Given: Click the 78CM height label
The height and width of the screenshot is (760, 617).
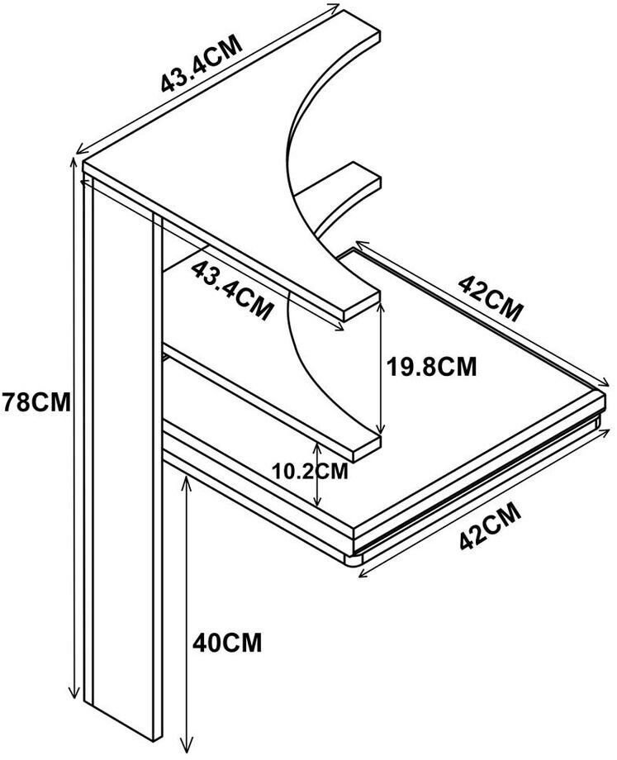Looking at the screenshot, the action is click(36, 402).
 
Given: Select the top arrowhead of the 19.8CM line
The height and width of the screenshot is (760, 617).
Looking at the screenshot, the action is click(380, 304).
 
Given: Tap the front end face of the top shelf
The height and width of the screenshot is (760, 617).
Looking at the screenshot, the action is click(361, 304).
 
